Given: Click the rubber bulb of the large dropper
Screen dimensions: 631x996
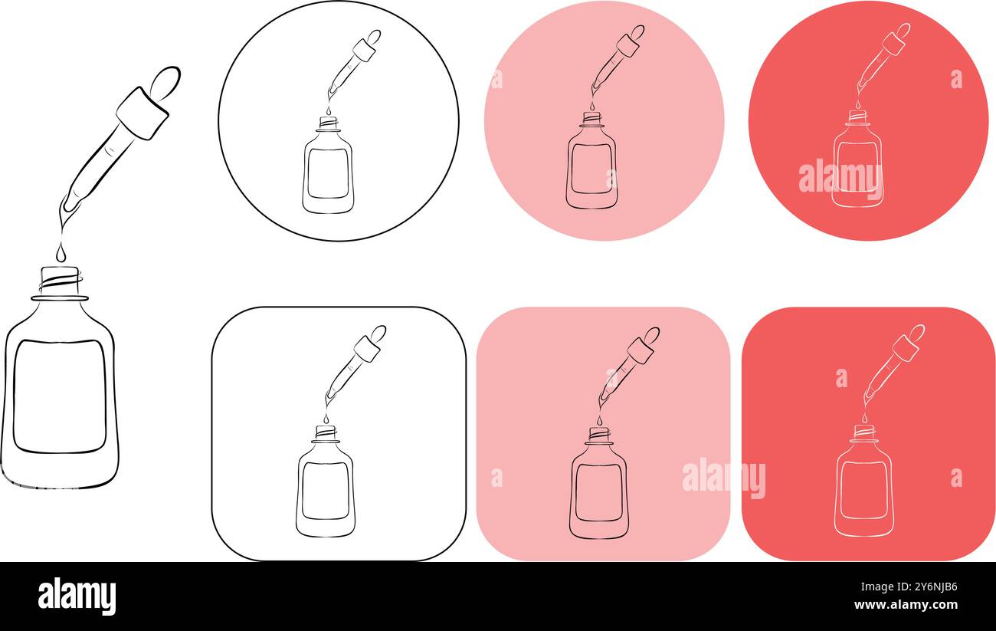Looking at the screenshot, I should tap(165, 82).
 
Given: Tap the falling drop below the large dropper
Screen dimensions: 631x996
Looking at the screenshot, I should tap(61, 251).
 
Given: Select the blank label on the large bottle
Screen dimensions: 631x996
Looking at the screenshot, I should tap(60, 396).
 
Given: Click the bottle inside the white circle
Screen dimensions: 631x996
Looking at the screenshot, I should tap(328, 173).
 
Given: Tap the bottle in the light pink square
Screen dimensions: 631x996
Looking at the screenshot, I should tap(598, 491).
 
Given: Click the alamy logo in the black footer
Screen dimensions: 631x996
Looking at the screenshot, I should tap(77, 596).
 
